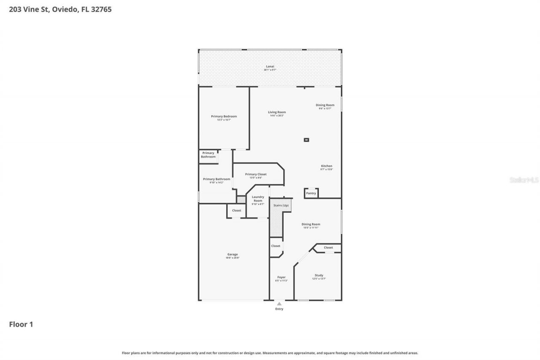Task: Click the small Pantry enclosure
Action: [311, 193]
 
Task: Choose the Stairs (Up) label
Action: [281, 206]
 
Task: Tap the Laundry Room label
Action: [258, 199]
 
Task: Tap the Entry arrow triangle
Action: [279, 303]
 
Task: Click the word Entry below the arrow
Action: [279, 309]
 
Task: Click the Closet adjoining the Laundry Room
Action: [237, 211]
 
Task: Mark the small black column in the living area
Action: [307, 140]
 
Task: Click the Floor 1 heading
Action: [21, 324]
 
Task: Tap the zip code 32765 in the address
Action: [102, 9]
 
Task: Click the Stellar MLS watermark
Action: [524, 180]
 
